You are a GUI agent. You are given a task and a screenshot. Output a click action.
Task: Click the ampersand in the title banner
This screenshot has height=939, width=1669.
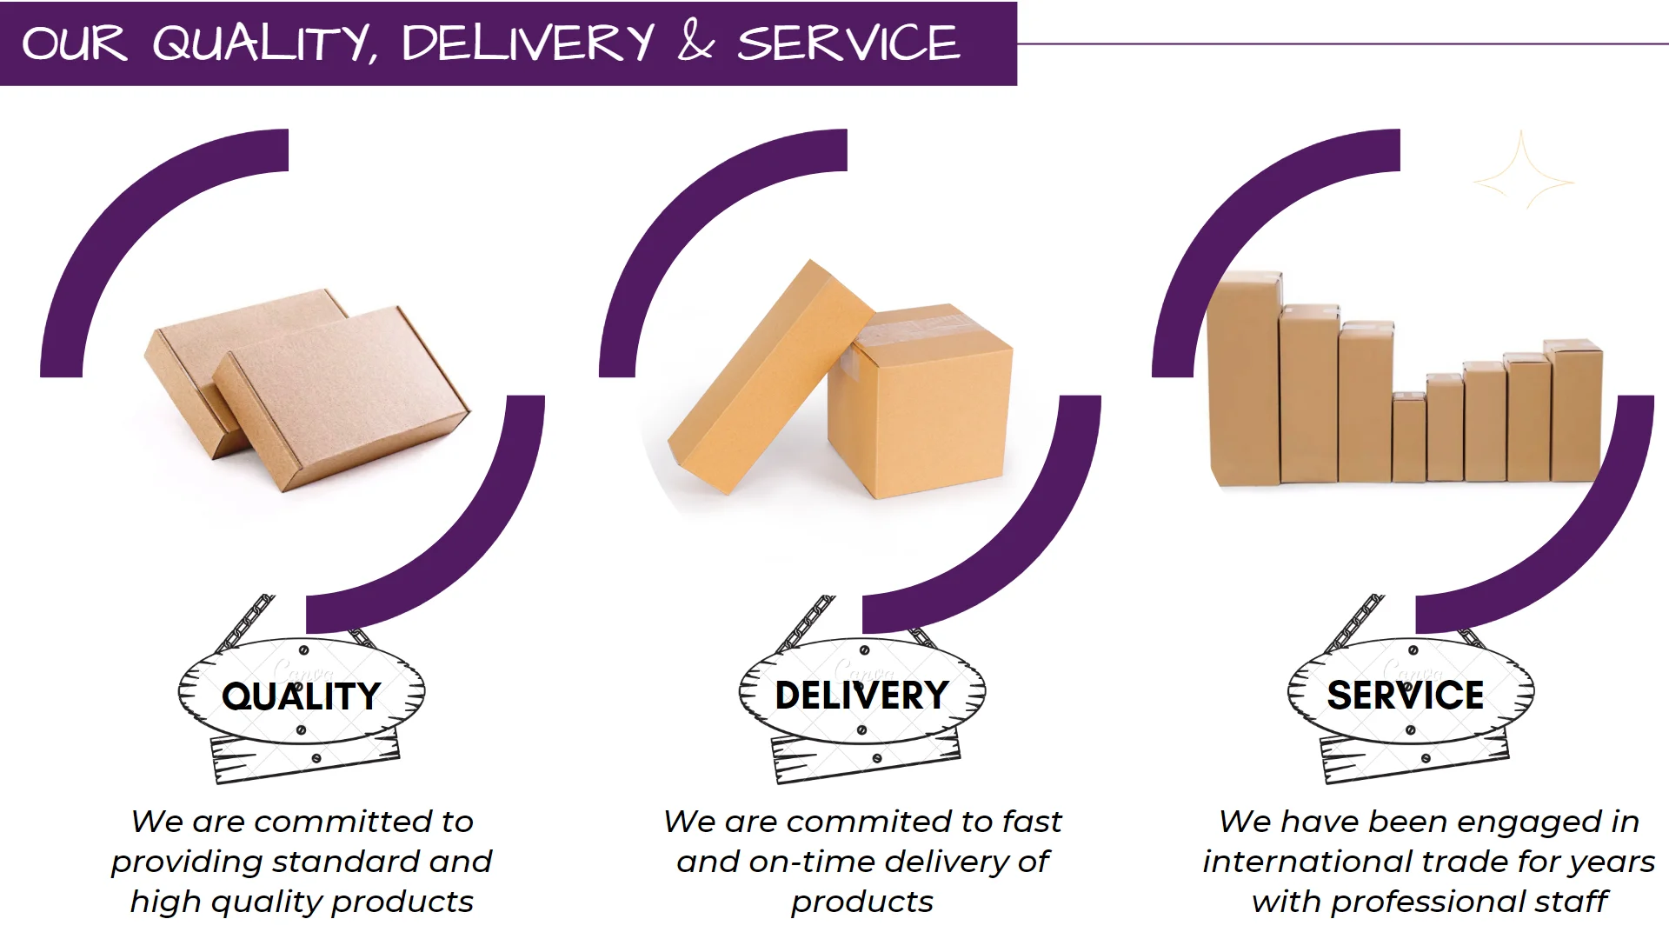[695, 42]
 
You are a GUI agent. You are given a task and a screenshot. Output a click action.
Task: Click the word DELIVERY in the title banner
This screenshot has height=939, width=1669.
[527, 42]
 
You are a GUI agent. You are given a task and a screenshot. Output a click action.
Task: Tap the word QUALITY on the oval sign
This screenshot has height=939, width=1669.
[301, 696]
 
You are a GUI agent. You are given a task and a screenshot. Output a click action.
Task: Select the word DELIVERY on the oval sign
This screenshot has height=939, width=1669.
[861, 695]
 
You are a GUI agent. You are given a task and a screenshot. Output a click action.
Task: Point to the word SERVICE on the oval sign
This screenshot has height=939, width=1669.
[1405, 695]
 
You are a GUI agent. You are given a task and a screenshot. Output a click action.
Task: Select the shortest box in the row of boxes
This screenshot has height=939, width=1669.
[1408, 439]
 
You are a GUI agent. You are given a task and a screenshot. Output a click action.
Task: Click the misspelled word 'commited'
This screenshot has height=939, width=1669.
[869, 822]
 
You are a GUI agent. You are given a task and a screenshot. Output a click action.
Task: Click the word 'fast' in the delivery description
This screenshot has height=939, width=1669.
[1032, 822]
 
